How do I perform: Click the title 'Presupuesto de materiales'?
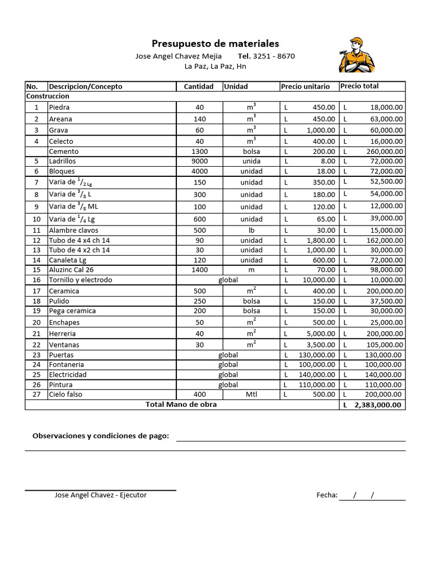tap(216, 44)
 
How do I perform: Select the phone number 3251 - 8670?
tap(274, 56)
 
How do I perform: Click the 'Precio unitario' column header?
tap(305, 86)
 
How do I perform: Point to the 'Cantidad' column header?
tap(199, 86)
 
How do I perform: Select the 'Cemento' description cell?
tap(64, 151)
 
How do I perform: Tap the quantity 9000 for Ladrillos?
tap(199, 161)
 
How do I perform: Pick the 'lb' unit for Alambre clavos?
tap(251, 230)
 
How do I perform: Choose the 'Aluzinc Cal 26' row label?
tap(71, 270)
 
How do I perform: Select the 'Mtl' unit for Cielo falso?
tap(251, 394)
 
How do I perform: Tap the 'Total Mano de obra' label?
tap(181, 404)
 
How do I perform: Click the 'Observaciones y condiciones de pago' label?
tap(101, 435)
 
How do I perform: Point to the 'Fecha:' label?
tap(326, 495)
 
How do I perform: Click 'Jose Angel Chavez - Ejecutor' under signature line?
tap(101, 495)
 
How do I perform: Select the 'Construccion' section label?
tap(48, 96)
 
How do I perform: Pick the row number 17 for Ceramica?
tap(36, 291)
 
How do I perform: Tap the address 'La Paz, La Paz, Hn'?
tap(216, 67)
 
